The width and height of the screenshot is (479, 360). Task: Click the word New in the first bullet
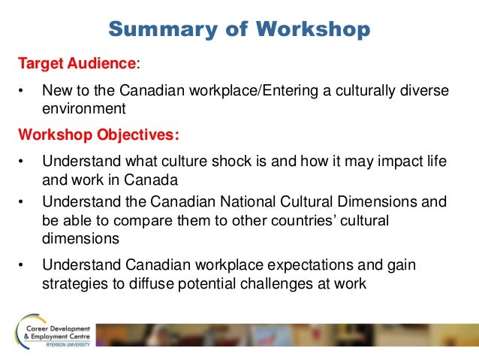pos(56,90)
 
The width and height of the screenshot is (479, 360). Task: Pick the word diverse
pos(425,90)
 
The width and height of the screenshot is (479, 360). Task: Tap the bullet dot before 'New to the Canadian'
pos(22,91)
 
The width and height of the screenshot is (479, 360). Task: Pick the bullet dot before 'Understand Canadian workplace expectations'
pos(22,266)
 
